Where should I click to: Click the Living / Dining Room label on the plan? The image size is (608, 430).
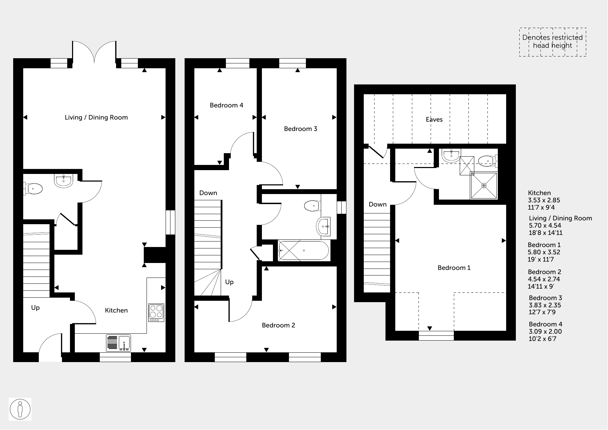tap(96, 117)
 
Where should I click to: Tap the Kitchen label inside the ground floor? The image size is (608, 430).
tap(116, 310)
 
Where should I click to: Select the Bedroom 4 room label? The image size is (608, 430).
tap(227, 105)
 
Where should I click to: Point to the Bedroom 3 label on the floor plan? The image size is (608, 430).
tap(301, 129)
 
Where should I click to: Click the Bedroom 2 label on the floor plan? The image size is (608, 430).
tap(279, 325)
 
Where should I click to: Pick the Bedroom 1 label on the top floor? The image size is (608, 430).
tap(454, 268)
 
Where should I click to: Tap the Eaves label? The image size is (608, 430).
tap(434, 120)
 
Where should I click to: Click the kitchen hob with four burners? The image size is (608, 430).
tap(156, 313)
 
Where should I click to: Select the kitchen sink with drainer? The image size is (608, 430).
tap(118, 343)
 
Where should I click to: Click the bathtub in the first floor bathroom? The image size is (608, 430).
tap(303, 251)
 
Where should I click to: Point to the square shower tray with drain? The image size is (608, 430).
tap(484, 185)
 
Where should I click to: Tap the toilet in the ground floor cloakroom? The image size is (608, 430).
tap(33, 189)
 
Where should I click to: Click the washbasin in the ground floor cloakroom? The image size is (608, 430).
tap(64, 181)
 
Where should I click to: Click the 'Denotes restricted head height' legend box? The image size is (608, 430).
tap(553, 42)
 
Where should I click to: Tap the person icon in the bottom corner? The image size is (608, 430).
tap(20, 409)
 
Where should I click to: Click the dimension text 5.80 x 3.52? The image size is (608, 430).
tap(544, 252)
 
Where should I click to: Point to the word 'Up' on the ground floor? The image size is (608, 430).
tap(35, 308)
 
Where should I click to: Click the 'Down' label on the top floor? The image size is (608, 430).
tap(378, 204)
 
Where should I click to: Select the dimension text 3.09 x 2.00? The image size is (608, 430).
tap(545, 332)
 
